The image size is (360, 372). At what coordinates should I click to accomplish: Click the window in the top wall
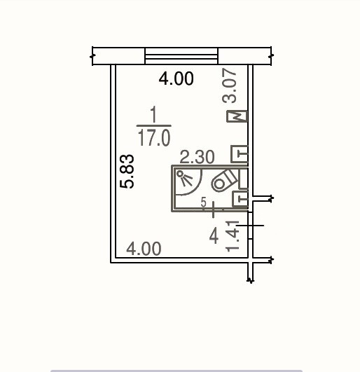[x=181, y=56]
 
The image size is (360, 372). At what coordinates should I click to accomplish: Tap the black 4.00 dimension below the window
[x=176, y=78]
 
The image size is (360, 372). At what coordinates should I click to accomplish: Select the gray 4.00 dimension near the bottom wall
[x=144, y=249]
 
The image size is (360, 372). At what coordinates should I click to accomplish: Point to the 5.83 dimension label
[x=127, y=172]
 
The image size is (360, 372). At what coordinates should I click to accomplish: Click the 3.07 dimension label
[x=229, y=85]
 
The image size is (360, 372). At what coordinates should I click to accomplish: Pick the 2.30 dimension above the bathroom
[x=197, y=157]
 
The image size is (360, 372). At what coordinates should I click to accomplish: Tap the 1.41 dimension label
[x=233, y=236]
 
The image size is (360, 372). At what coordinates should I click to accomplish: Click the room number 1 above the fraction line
[x=154, y=114]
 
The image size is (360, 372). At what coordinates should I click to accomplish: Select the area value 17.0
[x=154, y=137]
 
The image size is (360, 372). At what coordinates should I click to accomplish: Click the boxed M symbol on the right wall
[x=237, y=116]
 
